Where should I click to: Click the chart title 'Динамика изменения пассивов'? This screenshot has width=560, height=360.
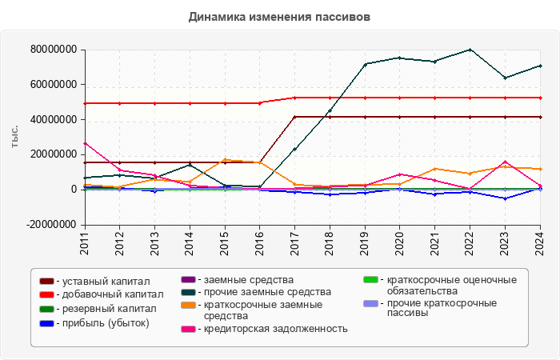[280, 17]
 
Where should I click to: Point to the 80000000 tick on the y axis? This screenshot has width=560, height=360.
[54, 50]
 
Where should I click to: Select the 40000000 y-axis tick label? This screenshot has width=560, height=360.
[54, 119]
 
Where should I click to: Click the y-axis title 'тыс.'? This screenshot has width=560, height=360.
[15, 137]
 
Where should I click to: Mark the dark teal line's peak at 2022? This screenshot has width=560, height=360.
[470, 50]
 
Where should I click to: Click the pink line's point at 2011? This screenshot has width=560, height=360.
[85, 143]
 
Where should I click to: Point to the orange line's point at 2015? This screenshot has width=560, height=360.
[225, 159]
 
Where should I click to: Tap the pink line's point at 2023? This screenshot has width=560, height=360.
[505, 162]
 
